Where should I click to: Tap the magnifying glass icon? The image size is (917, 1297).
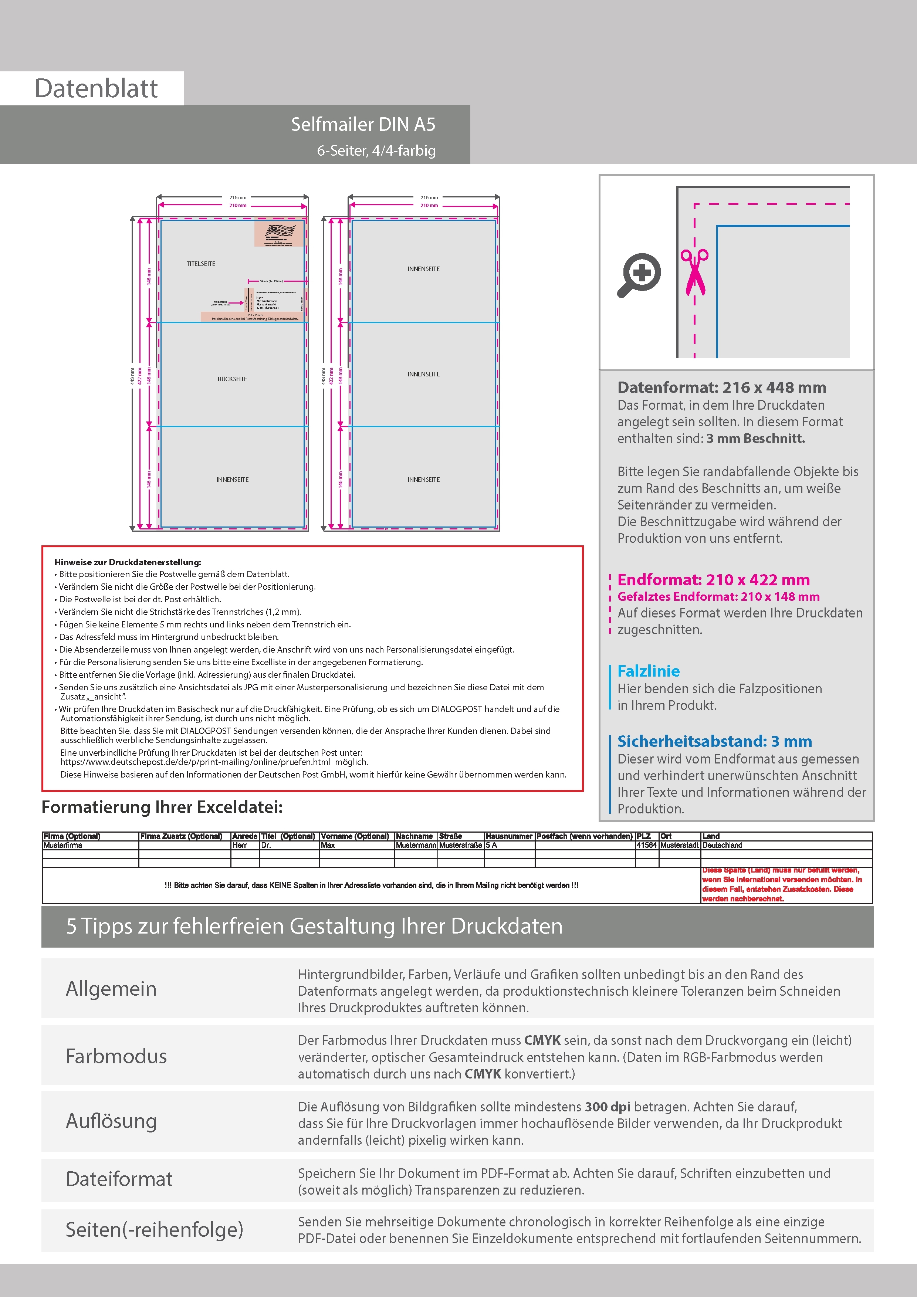click(639, 275)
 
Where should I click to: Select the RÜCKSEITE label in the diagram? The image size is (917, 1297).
click(232, 379)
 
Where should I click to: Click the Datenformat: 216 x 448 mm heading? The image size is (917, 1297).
click(721, 387)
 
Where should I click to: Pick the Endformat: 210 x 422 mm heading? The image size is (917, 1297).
click(713, 580)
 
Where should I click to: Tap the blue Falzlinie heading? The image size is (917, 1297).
click(648, 671)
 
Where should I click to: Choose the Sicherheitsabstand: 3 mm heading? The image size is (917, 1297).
click(714, 741)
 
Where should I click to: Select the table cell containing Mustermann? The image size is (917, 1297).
click(416, 846)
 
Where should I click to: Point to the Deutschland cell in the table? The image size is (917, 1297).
click(722, 846)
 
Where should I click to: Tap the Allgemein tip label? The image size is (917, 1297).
click(111, 989)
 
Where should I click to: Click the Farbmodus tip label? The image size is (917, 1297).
click(116, 1056)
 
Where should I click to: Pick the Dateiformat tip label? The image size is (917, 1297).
click(119, 1179)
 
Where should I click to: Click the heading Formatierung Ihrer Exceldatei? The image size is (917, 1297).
click(162, 807)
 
